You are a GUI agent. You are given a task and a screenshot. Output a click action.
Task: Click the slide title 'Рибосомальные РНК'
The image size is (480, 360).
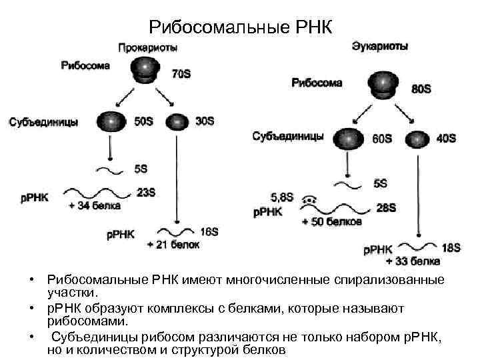[x=239, y=27]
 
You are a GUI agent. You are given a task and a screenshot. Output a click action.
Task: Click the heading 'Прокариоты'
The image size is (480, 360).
[x=147, y=48]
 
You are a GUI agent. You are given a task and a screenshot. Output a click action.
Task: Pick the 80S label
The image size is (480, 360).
[x=421, y=89]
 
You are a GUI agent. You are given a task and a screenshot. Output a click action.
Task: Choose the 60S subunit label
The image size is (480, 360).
[x=382, y=139]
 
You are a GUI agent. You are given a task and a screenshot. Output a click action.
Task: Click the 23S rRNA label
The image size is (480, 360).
[x=146, y=193]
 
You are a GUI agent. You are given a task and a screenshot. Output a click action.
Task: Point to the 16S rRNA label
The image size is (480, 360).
[x=209, y=231]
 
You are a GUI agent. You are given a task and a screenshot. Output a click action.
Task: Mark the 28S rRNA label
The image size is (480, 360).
[x=386, y=208]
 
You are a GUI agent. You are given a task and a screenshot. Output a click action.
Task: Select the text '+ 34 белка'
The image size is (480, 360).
[x=94, y=206]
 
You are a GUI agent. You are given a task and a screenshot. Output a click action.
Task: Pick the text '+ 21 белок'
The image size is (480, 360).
[x=173, y=245]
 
